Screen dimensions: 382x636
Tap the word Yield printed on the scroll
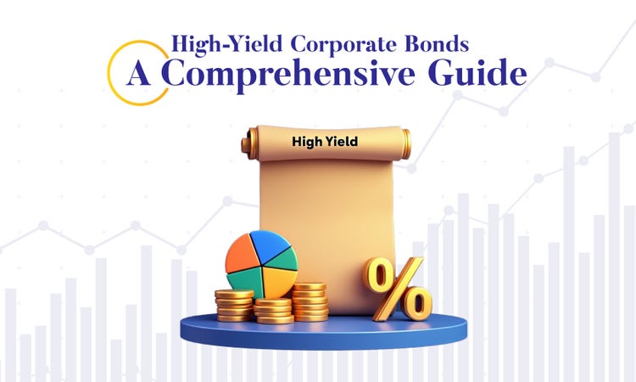click(341, 143)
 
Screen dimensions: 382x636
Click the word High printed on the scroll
click(304, 143)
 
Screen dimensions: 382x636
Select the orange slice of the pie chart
click(244, 254)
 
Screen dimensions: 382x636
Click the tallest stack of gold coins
click(310, 301)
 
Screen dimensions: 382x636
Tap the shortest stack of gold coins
click(274, 310)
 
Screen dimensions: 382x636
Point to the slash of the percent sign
click(397, 288)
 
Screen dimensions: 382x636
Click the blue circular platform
click(322, 333)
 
